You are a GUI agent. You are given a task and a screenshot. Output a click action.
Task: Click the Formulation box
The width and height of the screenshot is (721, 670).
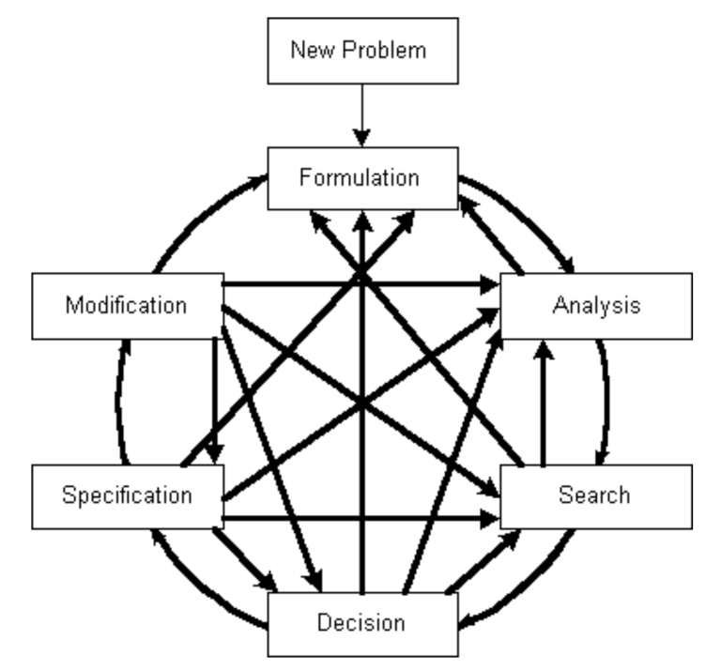(x=362, y=177)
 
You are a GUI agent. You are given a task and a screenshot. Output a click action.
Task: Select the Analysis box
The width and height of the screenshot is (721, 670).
(x=597, y=305)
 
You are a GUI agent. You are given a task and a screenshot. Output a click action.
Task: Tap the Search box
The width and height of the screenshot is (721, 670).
(x=597, y=494)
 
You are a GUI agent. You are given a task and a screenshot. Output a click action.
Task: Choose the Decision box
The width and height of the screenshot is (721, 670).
(x=362, y=622)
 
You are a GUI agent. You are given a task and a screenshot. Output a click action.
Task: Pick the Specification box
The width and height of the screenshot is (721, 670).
(x=127, y=494)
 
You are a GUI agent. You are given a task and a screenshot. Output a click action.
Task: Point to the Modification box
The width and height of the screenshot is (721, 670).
(x=127, y=305)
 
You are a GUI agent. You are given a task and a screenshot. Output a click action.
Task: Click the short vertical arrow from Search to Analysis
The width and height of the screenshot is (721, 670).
(x=541, y=404)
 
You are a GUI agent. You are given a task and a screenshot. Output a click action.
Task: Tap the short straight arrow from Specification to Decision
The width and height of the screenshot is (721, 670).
(x=246, y=559)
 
